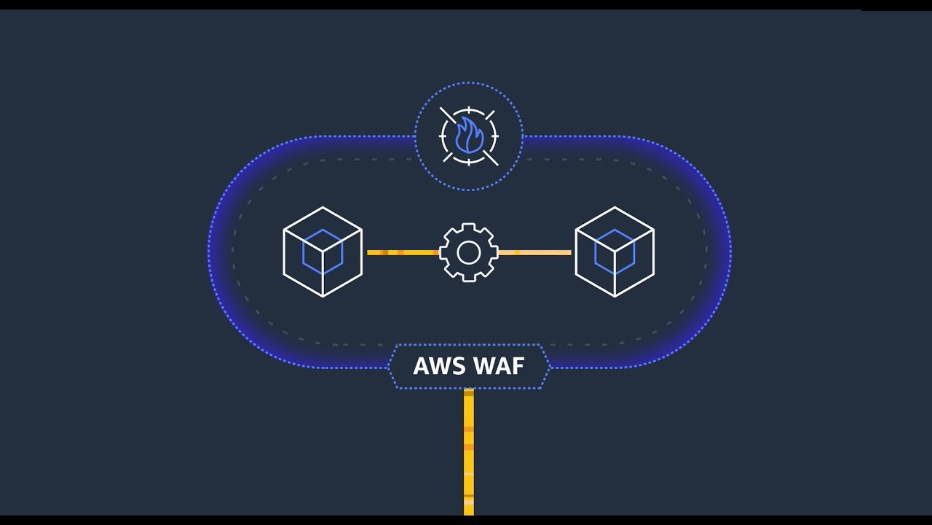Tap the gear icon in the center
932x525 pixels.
469,252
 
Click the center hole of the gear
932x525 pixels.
469,252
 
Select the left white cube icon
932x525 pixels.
323,252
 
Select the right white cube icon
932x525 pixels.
615,252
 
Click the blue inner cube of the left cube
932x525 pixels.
323,252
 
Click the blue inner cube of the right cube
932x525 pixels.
615,252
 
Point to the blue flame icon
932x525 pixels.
468,136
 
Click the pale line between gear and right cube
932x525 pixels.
534,252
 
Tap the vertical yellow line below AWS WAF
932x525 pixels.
469,452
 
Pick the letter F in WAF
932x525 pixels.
518,365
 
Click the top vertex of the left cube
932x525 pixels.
323,208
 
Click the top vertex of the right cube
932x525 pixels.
615,208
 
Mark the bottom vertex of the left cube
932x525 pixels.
323,297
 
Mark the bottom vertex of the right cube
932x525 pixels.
615,297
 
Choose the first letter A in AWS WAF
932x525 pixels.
421,365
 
